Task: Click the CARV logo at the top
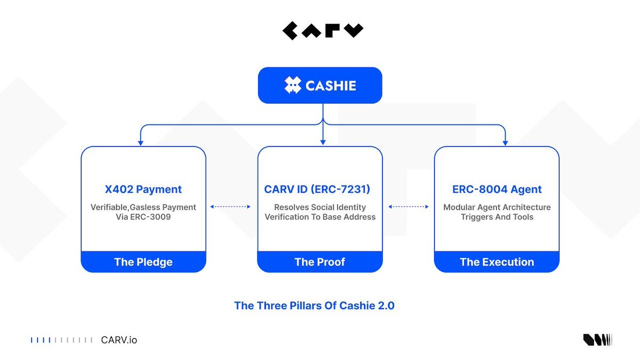(323, 31)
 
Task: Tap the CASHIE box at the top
(320, 85)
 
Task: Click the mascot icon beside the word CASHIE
(292, 85)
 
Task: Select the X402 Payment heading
(143, 189)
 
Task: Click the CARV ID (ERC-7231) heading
(317, 189)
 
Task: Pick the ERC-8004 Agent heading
(497, 189)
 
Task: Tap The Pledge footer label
(143, 262)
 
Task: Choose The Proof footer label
(320, 262)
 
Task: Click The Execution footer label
(497, 262)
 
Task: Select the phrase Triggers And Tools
(497, 217)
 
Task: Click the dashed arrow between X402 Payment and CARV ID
(231, 206)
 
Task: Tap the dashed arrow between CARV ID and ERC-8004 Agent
(409, 206)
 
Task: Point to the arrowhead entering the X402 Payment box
(141, 142)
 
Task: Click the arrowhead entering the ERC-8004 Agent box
(505, 142)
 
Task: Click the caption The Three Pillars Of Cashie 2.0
(314, 306)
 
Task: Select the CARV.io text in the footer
(119, 340)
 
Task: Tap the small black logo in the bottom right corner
(597, 340)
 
